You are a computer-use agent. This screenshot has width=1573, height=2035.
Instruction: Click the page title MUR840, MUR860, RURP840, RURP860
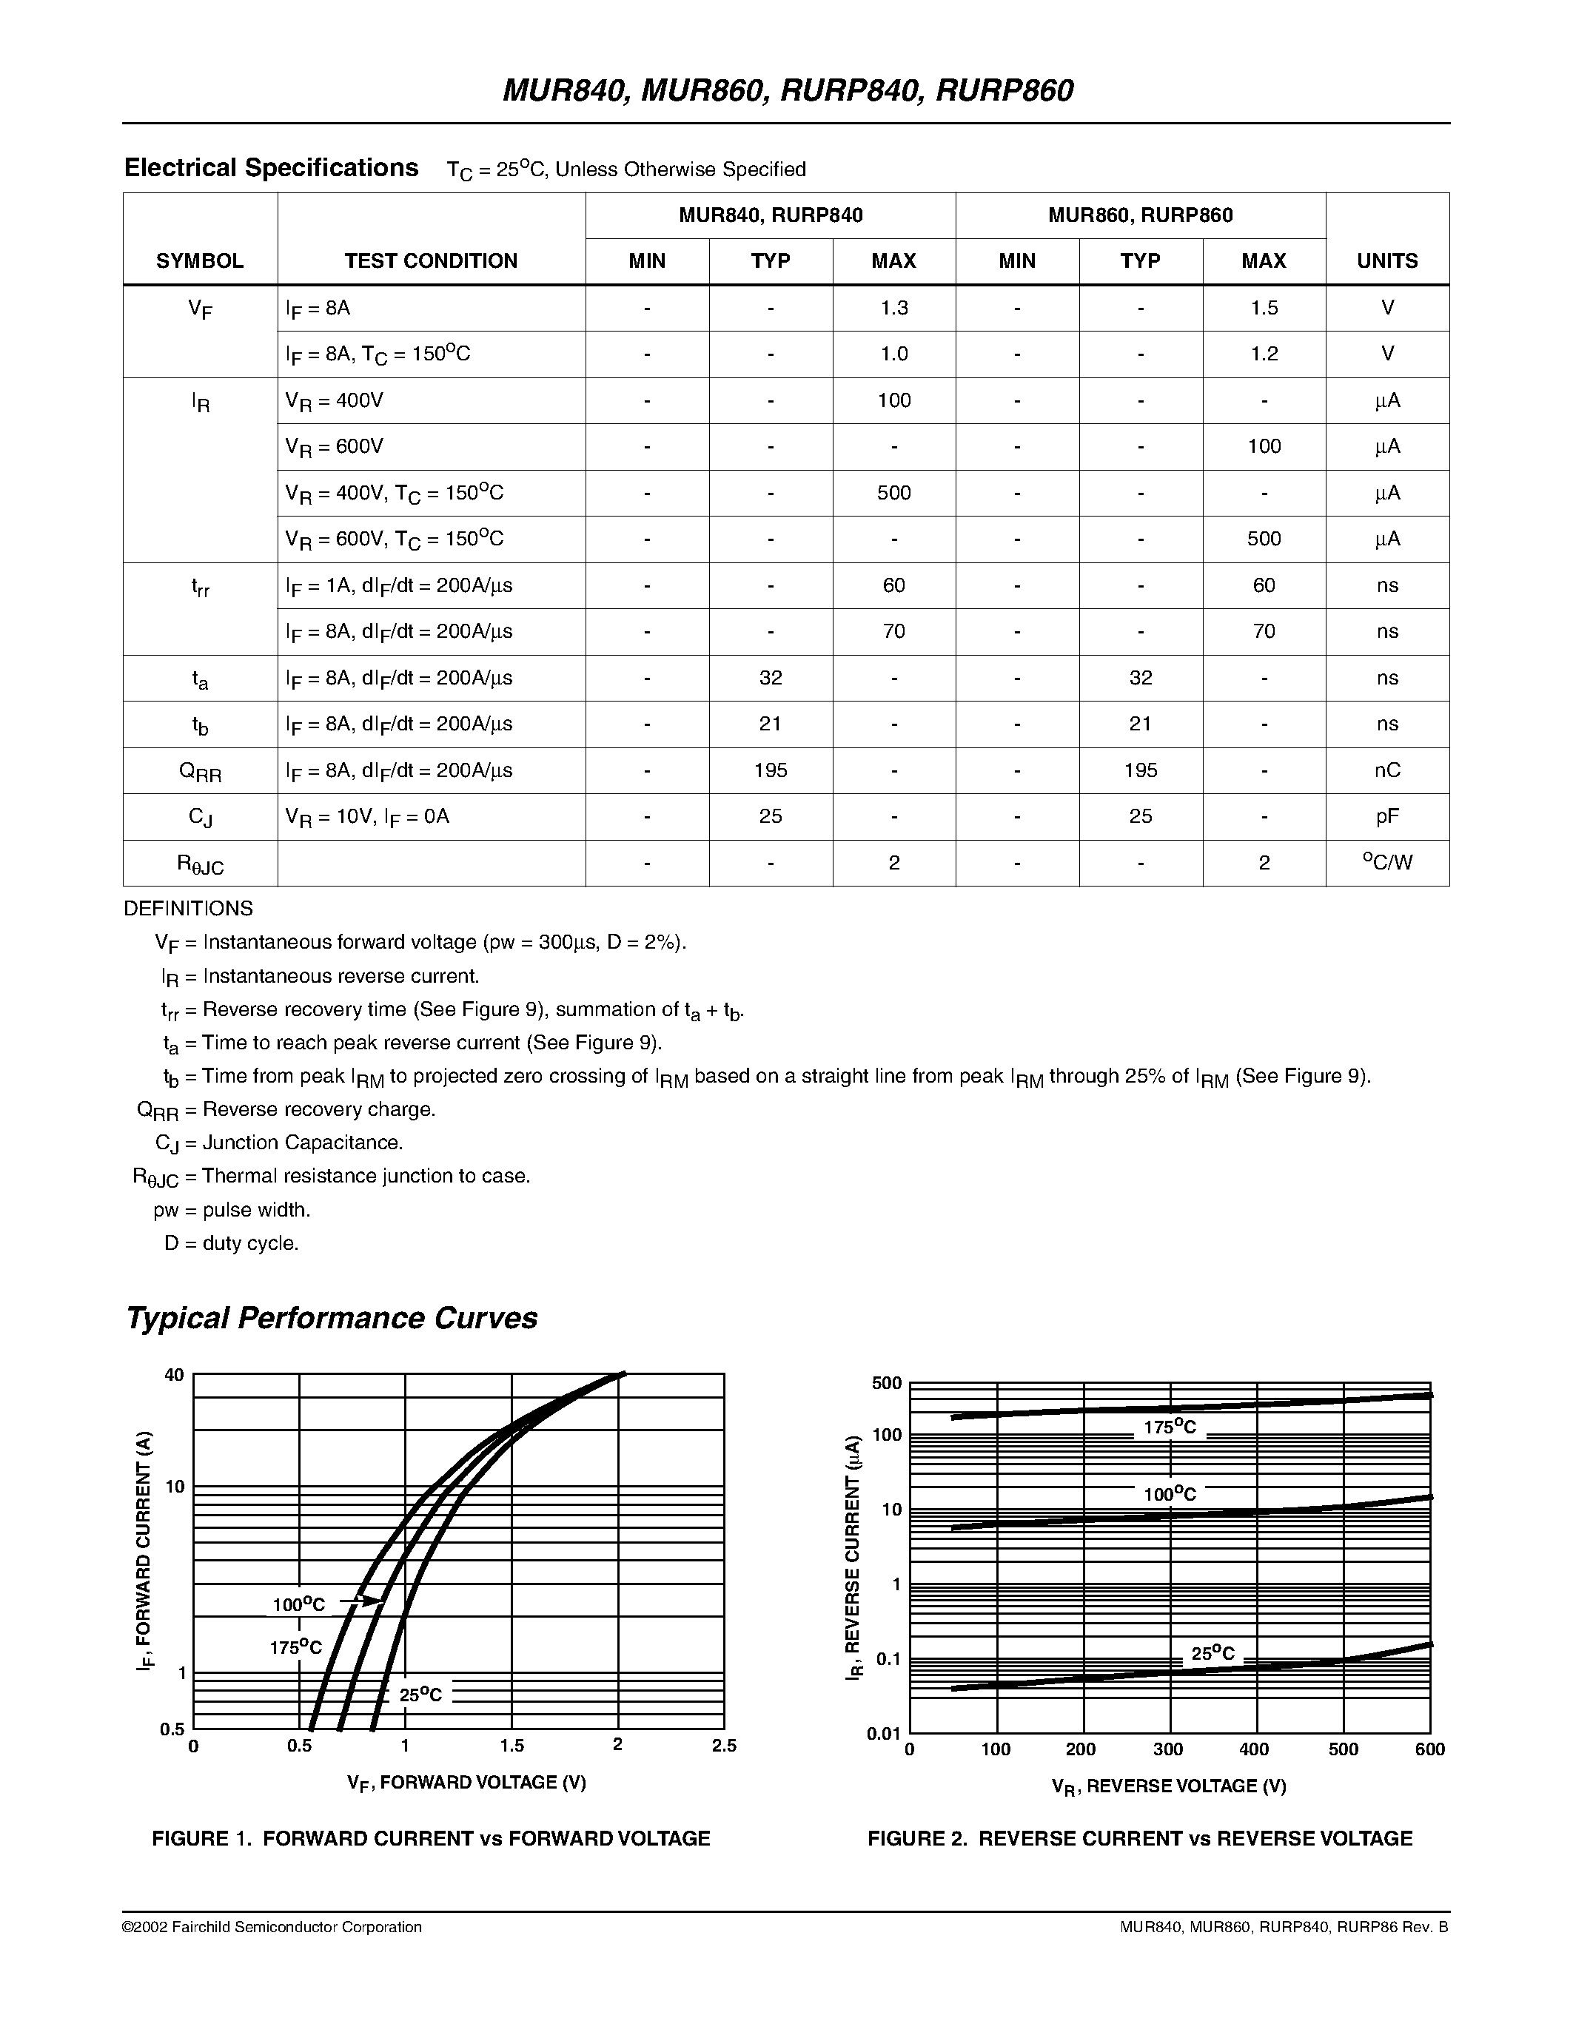[788, 90]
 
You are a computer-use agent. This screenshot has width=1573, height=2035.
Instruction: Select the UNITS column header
[1386, 261]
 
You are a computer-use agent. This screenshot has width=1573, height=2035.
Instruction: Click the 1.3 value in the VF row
[893, 308]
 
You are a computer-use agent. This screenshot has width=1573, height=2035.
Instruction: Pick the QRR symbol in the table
[199, 772]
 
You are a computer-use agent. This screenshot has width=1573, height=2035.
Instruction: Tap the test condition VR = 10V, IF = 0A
[367, 816]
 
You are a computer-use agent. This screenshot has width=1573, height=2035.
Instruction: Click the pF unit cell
[1386, 816]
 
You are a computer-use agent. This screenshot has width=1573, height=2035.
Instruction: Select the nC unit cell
[1386, 770]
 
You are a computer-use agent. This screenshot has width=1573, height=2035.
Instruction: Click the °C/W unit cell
[1386, 863]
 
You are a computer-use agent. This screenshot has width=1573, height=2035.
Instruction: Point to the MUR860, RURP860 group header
[1140, 215]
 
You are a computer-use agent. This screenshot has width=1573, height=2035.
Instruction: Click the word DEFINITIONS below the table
[188, 909]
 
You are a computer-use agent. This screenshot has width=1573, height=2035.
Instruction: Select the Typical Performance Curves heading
[331, 1319]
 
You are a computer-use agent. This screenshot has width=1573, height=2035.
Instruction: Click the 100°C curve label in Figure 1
[298, 1604]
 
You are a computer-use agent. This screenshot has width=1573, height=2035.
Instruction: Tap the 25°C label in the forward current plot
[420, 1695]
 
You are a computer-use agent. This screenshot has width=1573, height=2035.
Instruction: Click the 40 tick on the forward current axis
[174, 1374]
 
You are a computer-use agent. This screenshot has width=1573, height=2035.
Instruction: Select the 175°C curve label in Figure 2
[1170, 1427]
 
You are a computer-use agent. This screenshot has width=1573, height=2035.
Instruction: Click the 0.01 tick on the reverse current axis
[883, 1733]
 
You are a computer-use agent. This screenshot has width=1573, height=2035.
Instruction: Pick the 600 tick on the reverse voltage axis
[1429, 1750]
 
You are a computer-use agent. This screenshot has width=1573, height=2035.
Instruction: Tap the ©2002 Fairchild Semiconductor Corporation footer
[272, 1927]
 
